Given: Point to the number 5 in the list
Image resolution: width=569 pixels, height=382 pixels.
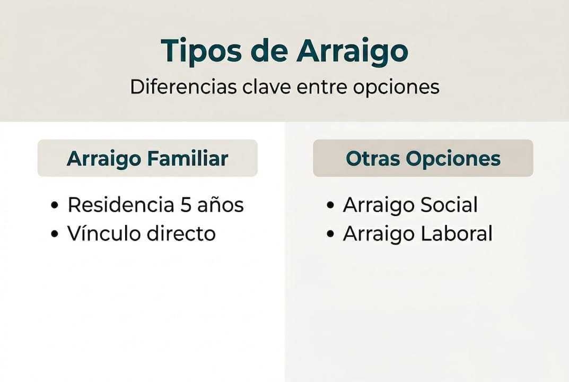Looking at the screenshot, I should (x=186, y=205).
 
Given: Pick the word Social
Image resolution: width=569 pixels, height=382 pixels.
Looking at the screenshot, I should (x=451, y=205).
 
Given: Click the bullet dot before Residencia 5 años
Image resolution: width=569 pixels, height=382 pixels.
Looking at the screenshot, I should (x=55, y=206).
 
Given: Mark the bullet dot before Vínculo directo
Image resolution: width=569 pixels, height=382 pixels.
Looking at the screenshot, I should (x=55, y=234).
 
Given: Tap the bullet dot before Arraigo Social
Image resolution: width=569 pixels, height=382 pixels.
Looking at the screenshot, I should (x=330, y=206).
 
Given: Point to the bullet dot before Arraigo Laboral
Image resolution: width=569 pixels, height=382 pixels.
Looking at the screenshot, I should (x=330, y=234).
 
